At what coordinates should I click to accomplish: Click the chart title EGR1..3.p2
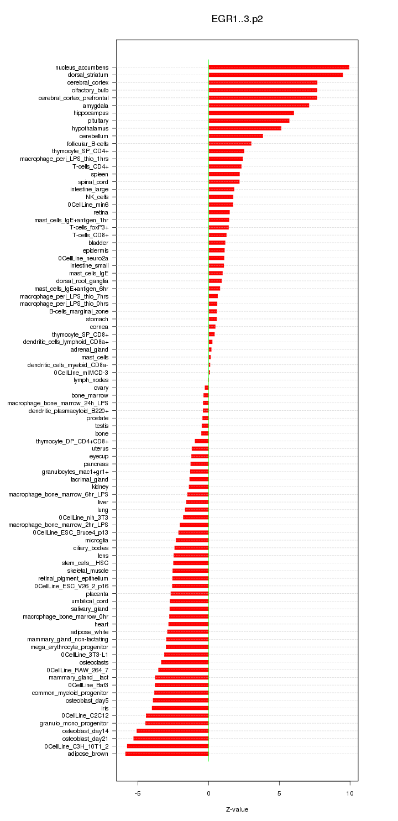(x=237, y=19)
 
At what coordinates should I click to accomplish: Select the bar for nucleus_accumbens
(x=279, y=67)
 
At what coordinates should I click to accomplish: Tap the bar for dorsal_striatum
(x=275, y=75)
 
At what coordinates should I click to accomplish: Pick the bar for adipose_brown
(x=167, y=754)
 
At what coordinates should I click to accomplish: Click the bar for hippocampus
(x=251, y=113)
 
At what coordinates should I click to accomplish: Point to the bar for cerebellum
(x=235, y=136)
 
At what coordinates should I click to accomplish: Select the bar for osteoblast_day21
(x=171, y=739)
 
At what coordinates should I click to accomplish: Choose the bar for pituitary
(x=249, y=121)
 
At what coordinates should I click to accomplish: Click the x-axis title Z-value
(x=237, y=809)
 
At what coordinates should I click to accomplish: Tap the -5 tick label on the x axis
(x=138, y=793)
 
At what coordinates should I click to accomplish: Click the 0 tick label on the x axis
(x=208, y=793)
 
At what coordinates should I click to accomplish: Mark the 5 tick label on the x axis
(x=279, y=793)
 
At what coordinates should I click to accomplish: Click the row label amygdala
(x=96, y=106)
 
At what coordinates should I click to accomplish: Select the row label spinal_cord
(x=93, y=182)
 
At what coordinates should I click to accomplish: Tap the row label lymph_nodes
(x=91, y=380)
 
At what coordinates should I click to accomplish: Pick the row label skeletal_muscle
(x=88, y=571)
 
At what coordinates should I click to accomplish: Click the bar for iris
(x=180, y=708)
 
